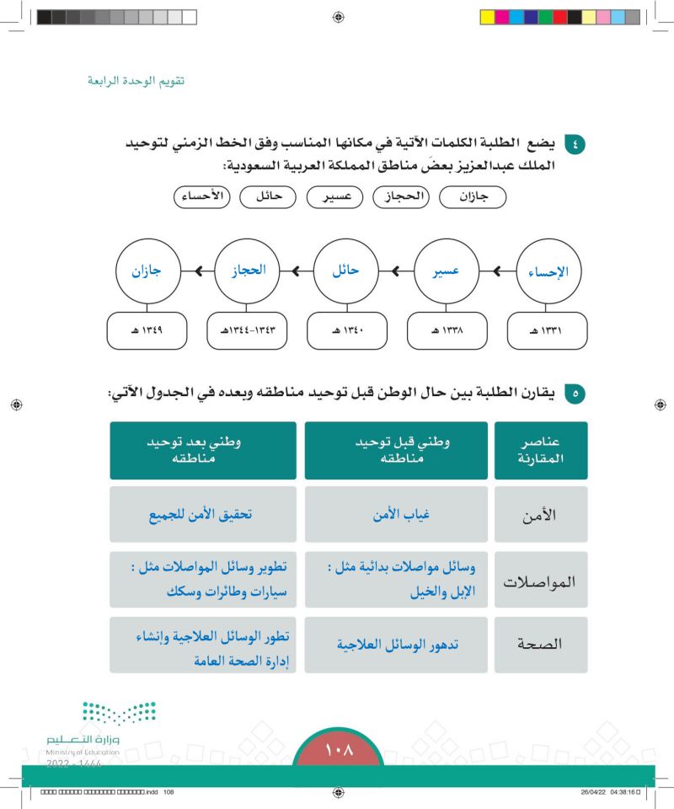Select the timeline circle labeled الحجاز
[x=247, y=271]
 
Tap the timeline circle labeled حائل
[x=346, y=271]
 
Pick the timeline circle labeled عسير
[x=446, y=271]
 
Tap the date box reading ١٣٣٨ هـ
[x=447, y=331]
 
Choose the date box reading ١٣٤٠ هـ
[x=347, y=331]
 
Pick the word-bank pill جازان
[x=471, y=198]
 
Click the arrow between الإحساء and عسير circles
[x=497, y=271]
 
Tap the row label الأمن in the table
[x=540, y=514]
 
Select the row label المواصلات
[x=540, y=581]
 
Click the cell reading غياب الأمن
[x=396, y=514]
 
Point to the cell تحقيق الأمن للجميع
[x=203, y=514]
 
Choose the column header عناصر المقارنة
[x=540, y=450]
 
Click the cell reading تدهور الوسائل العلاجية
[x=396, y=645]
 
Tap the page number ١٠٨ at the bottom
[x=338, y=749]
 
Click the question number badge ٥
[x=575, y=393]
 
